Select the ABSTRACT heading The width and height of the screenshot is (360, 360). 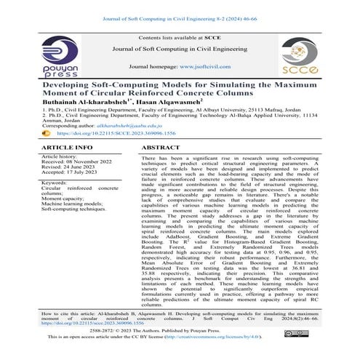pos(161,147)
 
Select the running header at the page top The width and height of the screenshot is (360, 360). pos(180,11)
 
